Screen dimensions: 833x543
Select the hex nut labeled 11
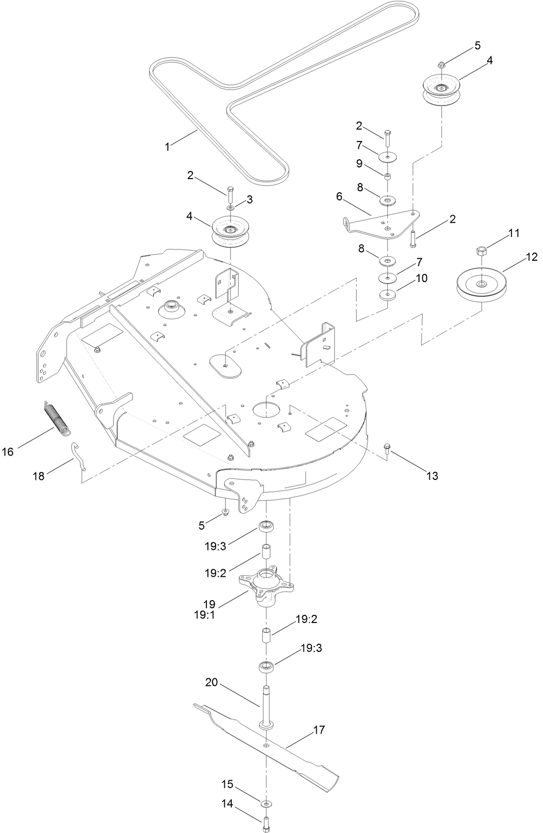point(482,251)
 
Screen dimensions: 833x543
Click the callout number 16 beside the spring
point(8,451)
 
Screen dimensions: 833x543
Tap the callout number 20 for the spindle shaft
point(211,683)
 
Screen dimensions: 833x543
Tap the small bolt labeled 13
point(387,448)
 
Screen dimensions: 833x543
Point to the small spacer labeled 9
point(387,176)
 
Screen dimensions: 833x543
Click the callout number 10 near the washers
point(421,278)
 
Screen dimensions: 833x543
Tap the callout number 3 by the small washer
point(249,199)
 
